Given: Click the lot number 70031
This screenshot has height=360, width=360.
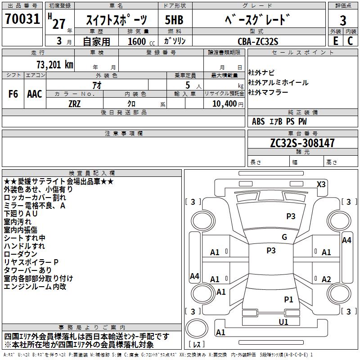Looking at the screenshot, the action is click(x=22, y=19).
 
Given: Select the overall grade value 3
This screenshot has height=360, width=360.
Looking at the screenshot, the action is click(x=343, y=20).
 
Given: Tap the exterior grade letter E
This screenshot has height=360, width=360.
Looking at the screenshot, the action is click(x=335, y=41).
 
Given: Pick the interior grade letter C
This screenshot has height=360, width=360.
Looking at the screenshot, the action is click(x=350, y=41).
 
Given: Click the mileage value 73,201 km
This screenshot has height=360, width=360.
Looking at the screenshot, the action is click(x=55, y=65).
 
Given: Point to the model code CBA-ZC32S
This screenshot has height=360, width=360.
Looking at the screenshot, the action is click(x=258, y=41).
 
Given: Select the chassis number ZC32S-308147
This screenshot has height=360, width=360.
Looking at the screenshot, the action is click(x=302, y=143).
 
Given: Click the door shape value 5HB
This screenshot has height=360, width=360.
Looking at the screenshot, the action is click(x=174, y=20).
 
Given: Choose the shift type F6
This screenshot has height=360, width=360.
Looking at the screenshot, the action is click(x=13, y=94).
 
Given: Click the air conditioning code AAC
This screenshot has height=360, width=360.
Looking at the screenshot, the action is click(x=35, y=94).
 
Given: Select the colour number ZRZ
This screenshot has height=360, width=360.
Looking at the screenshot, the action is click(x=74, y=104).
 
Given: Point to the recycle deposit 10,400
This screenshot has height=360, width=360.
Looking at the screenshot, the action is click(x=224, y=104).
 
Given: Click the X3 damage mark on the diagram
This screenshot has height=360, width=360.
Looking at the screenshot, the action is click(x=321, y=184).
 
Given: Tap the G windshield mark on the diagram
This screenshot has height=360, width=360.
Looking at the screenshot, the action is click(x=284, y=237).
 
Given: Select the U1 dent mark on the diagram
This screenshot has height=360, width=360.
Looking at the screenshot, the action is click(x=283, y=322).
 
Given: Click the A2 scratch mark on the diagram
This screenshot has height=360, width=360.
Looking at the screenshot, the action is click(x=326, y=279).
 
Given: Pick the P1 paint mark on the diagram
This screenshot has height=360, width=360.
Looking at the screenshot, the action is click(x=288, y=299).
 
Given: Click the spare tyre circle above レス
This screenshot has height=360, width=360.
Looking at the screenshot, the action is click(x=197, y=328).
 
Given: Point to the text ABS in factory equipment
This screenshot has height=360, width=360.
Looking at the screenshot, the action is click(x=258, y=121).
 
